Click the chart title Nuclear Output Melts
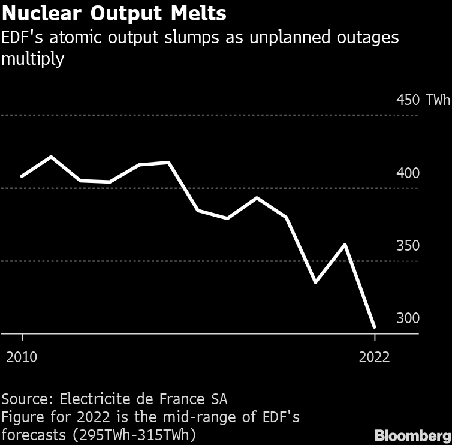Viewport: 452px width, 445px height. pyautogui.click(x=114, y=13)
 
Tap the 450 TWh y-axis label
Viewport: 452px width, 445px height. pyautogui.click(x=423, y=100)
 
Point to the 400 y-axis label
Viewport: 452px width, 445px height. pyautogui.click(x=408, y=173)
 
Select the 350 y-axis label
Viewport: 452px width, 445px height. pyautogui.click(x=408, y=246)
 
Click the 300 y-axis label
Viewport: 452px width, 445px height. pyautogui.click(x=408, y=318)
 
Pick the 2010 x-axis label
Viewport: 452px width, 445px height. pyautogui.click(x=22, y=357)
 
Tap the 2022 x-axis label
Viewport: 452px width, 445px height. pyautogui.click(x=374, y=357)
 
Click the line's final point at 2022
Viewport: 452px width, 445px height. pyautogui.click(x=375, y=327)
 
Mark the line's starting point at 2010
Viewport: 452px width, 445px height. pyautogui.click(x=22, y=176)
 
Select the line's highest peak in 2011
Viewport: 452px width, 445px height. pyautogui.click(x=51, y=157)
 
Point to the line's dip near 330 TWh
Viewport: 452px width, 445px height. pyautogui.click(x=315, y=282)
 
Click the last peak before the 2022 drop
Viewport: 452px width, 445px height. pyautogui.click(x=345, y=245)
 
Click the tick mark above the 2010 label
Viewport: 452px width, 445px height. pyautogui.click(x=22, y=338)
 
